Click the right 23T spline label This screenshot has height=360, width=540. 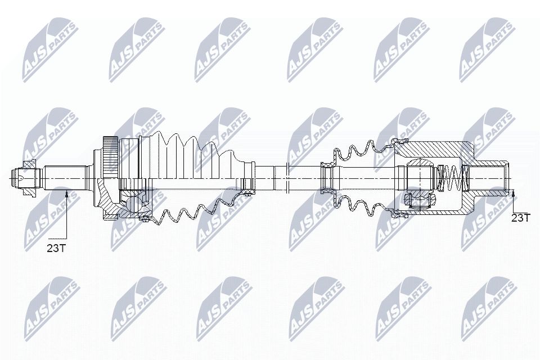coord(520,217)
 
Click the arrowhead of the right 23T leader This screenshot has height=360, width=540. coord(513,193)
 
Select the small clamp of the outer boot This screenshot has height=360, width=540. coord(246,184)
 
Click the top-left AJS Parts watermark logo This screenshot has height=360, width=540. coord(51,51)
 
